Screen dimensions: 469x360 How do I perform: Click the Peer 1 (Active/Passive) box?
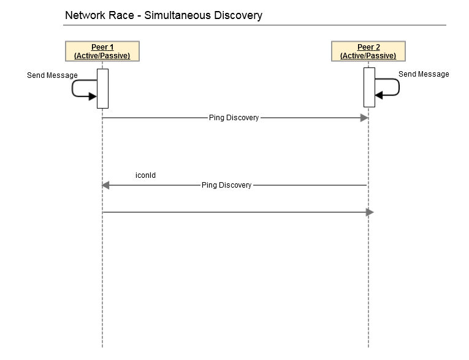click(102, 51)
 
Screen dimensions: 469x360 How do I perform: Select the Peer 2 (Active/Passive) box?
click(368, 51)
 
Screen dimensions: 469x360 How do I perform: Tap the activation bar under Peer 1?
click(102, 88)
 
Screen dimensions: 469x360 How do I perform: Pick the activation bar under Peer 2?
click(369, 87)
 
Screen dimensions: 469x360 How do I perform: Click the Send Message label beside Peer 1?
click(52, 75)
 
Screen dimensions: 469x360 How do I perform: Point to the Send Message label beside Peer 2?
click(424, 74)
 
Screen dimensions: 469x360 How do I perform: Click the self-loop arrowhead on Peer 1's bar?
click(93, 96)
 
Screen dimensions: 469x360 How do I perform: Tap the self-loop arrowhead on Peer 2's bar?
click(379, 95)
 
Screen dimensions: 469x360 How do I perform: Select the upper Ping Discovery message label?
click(234, 118)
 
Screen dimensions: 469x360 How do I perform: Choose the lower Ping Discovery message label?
click(226, 185)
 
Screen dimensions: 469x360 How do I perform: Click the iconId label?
click(146, 175)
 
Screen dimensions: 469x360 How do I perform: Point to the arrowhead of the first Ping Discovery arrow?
click(364, 118)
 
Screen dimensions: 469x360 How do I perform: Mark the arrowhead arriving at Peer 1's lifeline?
click(106, 185)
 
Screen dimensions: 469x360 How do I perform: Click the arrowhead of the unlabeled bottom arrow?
click(370, 212)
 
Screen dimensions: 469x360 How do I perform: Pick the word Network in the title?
click(85, 15)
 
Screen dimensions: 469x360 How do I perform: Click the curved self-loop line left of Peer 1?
click(72, 88)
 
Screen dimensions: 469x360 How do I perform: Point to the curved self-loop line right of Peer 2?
click(399, 87)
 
